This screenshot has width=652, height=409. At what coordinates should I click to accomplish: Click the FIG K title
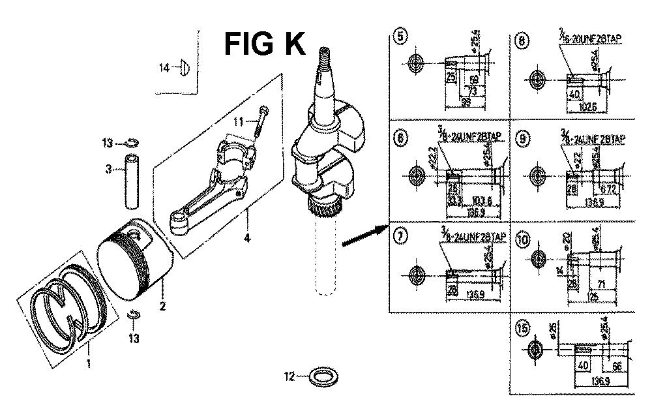tap(263, 44)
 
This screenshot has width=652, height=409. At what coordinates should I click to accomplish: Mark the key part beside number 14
tap(185, 67)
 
